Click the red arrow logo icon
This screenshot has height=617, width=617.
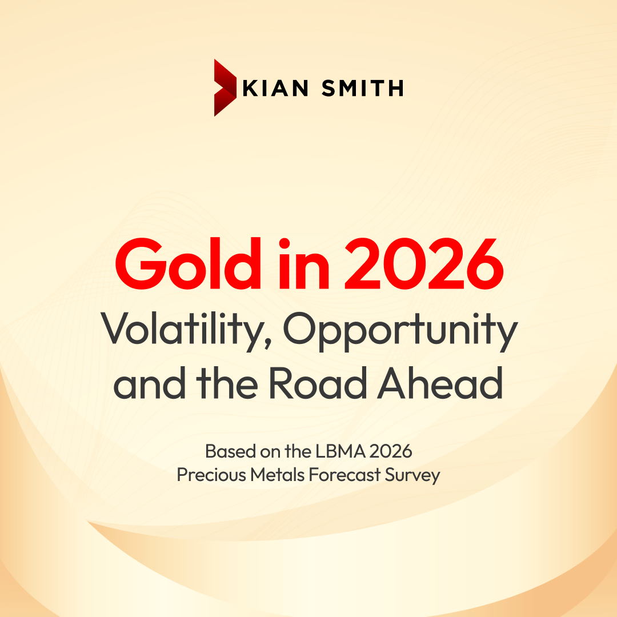pos(225,88)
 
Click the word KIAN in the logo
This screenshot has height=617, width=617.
pos(275,88)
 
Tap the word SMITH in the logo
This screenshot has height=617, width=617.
pos(363,88)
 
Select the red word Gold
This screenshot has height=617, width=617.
pos(188,263)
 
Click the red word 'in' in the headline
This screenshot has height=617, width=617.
pos(304,263)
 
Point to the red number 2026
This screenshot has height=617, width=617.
pos(424,263)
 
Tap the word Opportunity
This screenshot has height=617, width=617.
pos(400,331)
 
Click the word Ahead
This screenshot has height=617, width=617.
pos(440,382)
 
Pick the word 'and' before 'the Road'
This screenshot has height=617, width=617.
pos(150,382)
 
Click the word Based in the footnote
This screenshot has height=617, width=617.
pos(231,451)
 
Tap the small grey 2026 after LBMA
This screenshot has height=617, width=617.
pos(391,451)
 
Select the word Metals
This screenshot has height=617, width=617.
pos(278,475)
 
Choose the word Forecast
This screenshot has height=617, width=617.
pos(344,475)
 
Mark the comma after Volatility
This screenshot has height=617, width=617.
pos(268,344)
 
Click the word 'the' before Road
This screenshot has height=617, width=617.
pos(227,382)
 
